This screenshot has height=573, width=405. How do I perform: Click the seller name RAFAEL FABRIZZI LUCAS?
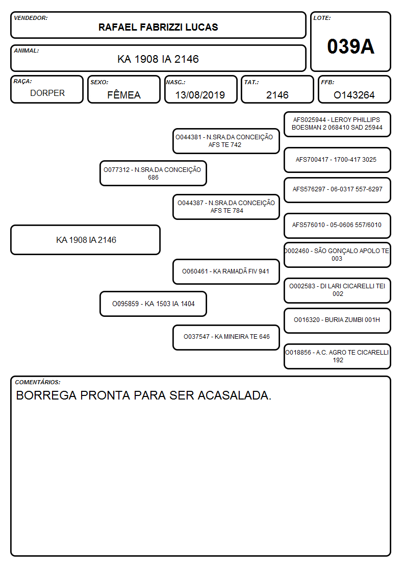point(158,27)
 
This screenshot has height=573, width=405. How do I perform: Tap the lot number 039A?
point(350,46)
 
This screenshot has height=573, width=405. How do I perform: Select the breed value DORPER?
point(47,93)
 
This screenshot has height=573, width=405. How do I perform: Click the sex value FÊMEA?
point(124,95)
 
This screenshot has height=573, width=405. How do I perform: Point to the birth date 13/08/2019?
point(200,95)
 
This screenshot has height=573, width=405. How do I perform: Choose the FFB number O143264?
point(354,95)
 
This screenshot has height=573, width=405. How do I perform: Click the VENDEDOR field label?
point(31,18)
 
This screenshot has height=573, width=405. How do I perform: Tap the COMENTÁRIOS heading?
point(38,382)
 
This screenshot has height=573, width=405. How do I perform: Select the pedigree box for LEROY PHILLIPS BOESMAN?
point(338,124)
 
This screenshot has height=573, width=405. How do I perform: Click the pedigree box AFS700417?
point(338,160)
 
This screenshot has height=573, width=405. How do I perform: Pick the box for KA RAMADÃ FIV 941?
point(226,271)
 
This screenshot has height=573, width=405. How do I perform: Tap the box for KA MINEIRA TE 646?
point(226,337)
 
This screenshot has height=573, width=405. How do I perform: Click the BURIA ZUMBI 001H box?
point(338,320)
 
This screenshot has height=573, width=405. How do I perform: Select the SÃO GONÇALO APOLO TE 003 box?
point(338,255)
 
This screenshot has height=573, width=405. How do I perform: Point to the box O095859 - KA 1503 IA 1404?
point(153,304)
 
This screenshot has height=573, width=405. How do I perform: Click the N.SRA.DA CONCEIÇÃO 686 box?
point(153,173)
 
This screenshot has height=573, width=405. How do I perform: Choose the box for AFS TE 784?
point(226,207)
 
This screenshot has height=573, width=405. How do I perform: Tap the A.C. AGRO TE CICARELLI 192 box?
point(338,356)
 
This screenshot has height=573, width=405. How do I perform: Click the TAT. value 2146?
point(277,95)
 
